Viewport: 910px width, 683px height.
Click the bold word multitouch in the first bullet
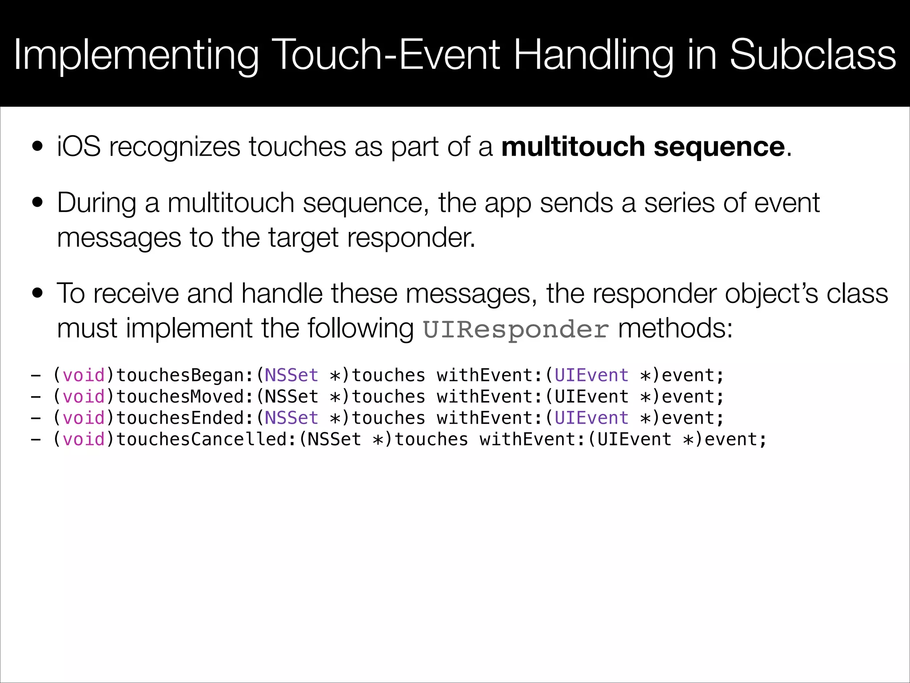(573, 147)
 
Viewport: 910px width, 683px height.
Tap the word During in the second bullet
(96, 203)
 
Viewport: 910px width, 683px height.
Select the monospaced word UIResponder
(515, 329)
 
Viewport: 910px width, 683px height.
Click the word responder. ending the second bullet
(411, 238)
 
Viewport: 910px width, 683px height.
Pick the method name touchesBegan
(180, 376)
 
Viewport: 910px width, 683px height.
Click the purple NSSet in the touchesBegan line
(291, 375)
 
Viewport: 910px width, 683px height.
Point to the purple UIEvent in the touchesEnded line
(591, 418)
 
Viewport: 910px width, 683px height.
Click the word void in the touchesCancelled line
(84, 439)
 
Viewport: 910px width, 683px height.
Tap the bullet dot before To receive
(38, 293)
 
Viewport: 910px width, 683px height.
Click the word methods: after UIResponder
(675, 329)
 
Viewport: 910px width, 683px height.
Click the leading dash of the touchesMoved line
(36, 397)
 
